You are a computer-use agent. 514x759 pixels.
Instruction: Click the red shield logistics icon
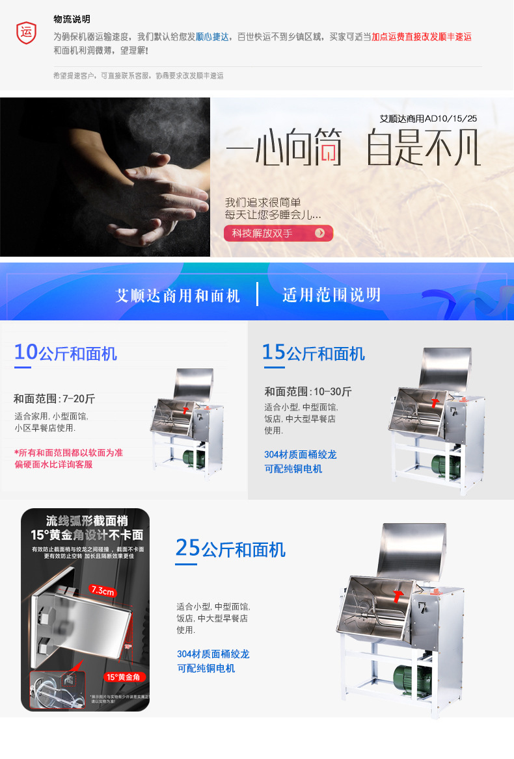pyautogui.click(x=26, y=32)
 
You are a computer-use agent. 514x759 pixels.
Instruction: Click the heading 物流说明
pyautogui.click(x=72, y=19)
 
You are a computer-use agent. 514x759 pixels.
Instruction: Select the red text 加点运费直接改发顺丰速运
pyautogui.click(x=421, y=36)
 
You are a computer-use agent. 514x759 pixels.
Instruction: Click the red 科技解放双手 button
pyautogui.click(x=278, y=233)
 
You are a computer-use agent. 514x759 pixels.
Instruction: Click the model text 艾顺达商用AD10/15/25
pyautogui.click(x=428, y=119)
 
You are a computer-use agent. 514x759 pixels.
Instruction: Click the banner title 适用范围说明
pyautogui.click(x=331, y=295)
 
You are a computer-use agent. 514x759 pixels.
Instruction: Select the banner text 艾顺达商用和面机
pyautogui.click(x=178, y=296)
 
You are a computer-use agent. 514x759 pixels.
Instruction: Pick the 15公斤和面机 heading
pyautogui.click(x=314, y=353)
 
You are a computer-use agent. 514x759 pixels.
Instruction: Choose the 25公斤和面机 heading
pyautogui.click(x=230, y=549)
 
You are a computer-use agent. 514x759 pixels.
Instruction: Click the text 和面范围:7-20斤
pyautogui.click(x=54, y=399)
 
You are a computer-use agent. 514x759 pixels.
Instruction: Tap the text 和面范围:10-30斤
pyautogui.click(x=308, y=391)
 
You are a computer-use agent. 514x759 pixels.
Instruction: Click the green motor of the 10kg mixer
pyautogui.click(x=193, y=458)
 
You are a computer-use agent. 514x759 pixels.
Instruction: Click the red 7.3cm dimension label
pyautogui.click(x=102, y=590)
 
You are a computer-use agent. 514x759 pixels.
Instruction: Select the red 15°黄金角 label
pyautogui.click(x=124, y=676)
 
